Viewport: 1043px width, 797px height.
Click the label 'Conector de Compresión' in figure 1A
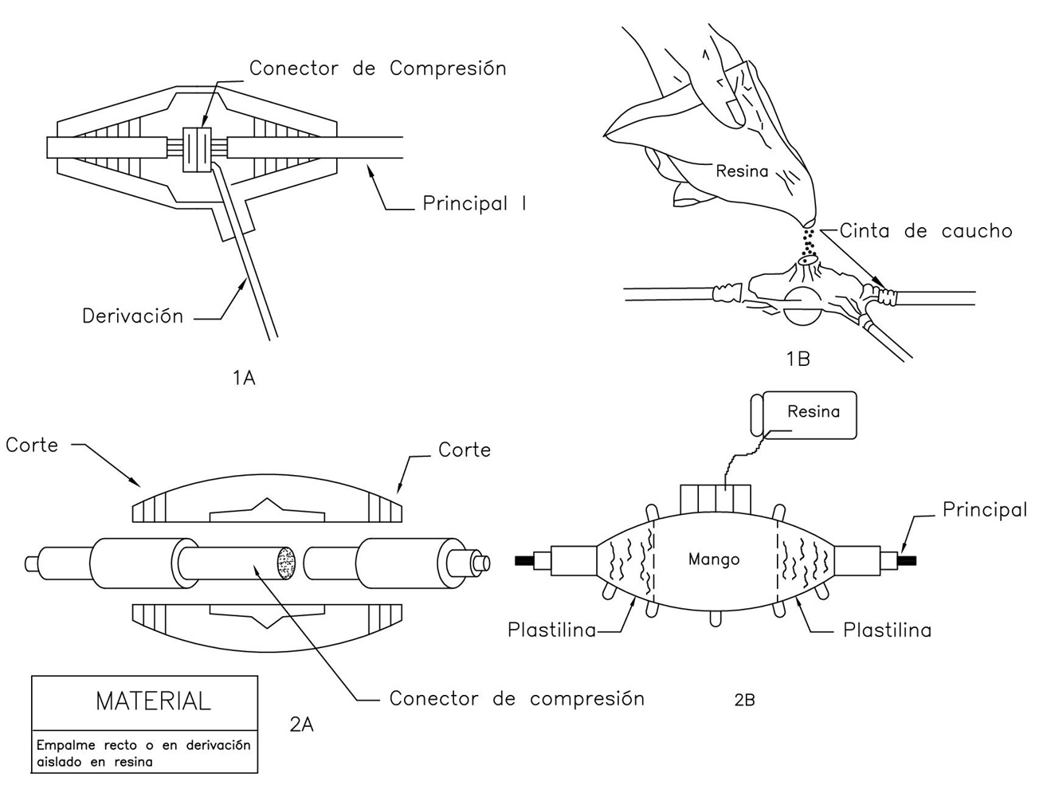(377, 69)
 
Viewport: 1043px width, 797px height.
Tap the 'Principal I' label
(474, 204)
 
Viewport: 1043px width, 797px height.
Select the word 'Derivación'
(132, 316)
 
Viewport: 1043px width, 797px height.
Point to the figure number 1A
(244, 378)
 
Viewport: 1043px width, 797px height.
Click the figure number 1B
(798, 359)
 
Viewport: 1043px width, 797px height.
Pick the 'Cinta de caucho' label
(925, 231)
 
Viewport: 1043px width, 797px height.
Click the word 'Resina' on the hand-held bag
(742, 171)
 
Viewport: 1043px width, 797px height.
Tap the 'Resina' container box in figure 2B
(806, 414)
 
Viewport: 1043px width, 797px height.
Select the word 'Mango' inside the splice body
(713, 559)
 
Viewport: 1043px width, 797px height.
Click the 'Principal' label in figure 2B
(984, 510)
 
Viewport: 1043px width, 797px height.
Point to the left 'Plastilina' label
(551, 630)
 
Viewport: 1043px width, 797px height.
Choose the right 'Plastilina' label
(887, 630)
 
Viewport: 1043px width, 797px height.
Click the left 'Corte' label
(32, 445)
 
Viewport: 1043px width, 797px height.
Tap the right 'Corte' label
(465, 450)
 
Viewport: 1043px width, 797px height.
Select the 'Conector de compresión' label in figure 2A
(516, 699)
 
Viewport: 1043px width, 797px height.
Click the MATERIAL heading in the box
(153, 701)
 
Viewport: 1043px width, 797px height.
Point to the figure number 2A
(302, 724)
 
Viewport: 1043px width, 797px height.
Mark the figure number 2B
(743, 701)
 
